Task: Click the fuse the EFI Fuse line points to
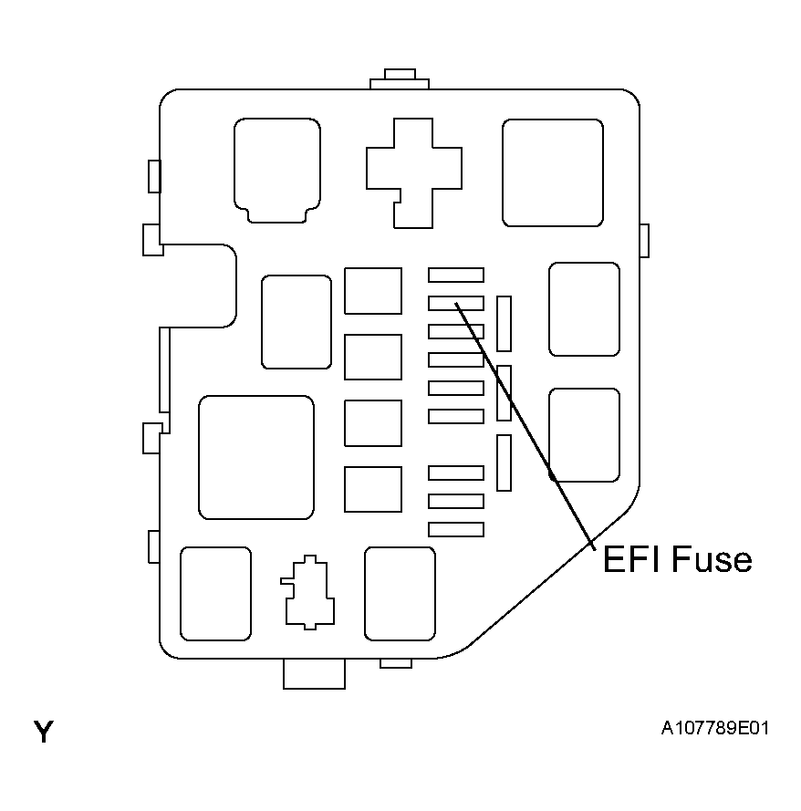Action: click(x=455, y=303)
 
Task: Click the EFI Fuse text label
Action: click(x=677, y=559)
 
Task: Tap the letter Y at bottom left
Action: click(x=44, y=732)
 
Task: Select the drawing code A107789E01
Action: click(x=714, y=728)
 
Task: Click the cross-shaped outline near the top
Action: click(x=413, y=172)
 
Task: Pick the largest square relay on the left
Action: click(x=256, y=457)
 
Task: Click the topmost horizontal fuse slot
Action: click(x=455, y=275)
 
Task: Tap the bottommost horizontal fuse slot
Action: click(x=455, y=529)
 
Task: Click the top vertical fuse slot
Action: click(x=504, y=324)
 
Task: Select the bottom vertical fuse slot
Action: click(x=504, y=463)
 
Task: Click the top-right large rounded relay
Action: click(x=552, y=172)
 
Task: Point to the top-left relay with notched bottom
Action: click(x=276, y=171)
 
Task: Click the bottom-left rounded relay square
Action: click(x=215, y=594)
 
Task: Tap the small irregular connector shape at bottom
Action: click(x=307, y=592)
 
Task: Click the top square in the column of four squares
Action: click(x=373, y=291)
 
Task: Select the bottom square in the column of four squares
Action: click(x=373, y=489)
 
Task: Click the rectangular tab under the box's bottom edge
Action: click(x=314, y=674)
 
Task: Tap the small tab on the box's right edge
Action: click(x=644, y=241)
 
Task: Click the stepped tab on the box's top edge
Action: click(x=400, y=79)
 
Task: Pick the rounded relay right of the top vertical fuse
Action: click(x=585, y=309)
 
